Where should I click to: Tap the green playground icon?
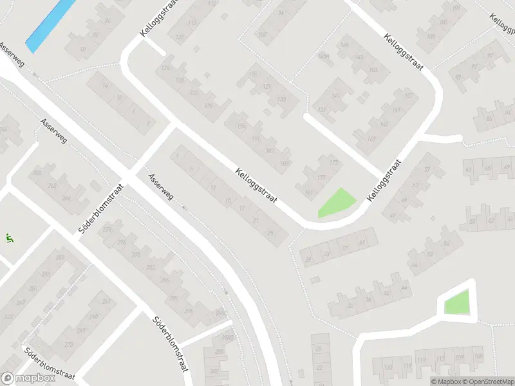point(10,238)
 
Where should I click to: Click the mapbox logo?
point(27,378)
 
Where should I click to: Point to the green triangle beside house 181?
point(337,203)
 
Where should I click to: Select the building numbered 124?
point(166,68)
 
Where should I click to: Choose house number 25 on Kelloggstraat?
point(270,233)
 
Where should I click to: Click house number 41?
point(362,243)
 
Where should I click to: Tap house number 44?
point(413,264)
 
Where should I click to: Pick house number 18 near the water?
point(82,50)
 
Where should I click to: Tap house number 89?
point(458,77)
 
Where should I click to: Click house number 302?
point(214,371)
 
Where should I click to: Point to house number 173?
point(333,163)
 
